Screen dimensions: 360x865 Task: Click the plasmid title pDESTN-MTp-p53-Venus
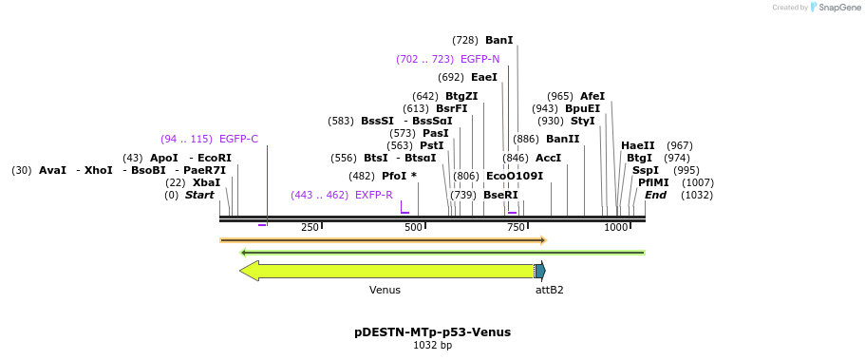point(432,332)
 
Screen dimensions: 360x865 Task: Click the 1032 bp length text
point(432,346)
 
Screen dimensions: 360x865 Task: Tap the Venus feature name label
point(385,290)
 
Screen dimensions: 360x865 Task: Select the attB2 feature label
point(549,290)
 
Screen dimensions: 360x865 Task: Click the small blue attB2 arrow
point(540,271)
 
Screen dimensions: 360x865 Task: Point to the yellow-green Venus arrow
point(389,271)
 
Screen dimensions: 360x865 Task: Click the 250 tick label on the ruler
point(310,228)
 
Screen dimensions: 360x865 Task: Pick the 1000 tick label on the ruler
point(615,228)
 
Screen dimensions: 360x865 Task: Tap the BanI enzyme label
point(498,40)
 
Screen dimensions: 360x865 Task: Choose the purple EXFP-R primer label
point(373,195)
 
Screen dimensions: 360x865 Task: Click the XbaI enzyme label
point(206,182)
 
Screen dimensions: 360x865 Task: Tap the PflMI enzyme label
point(653,182)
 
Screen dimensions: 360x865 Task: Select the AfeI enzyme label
point(592,96)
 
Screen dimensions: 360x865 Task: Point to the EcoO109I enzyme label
point(515,176)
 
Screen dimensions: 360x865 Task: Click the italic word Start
point(199,195)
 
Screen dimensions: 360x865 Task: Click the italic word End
point(655,195)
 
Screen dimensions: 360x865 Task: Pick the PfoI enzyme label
point(396,176)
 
